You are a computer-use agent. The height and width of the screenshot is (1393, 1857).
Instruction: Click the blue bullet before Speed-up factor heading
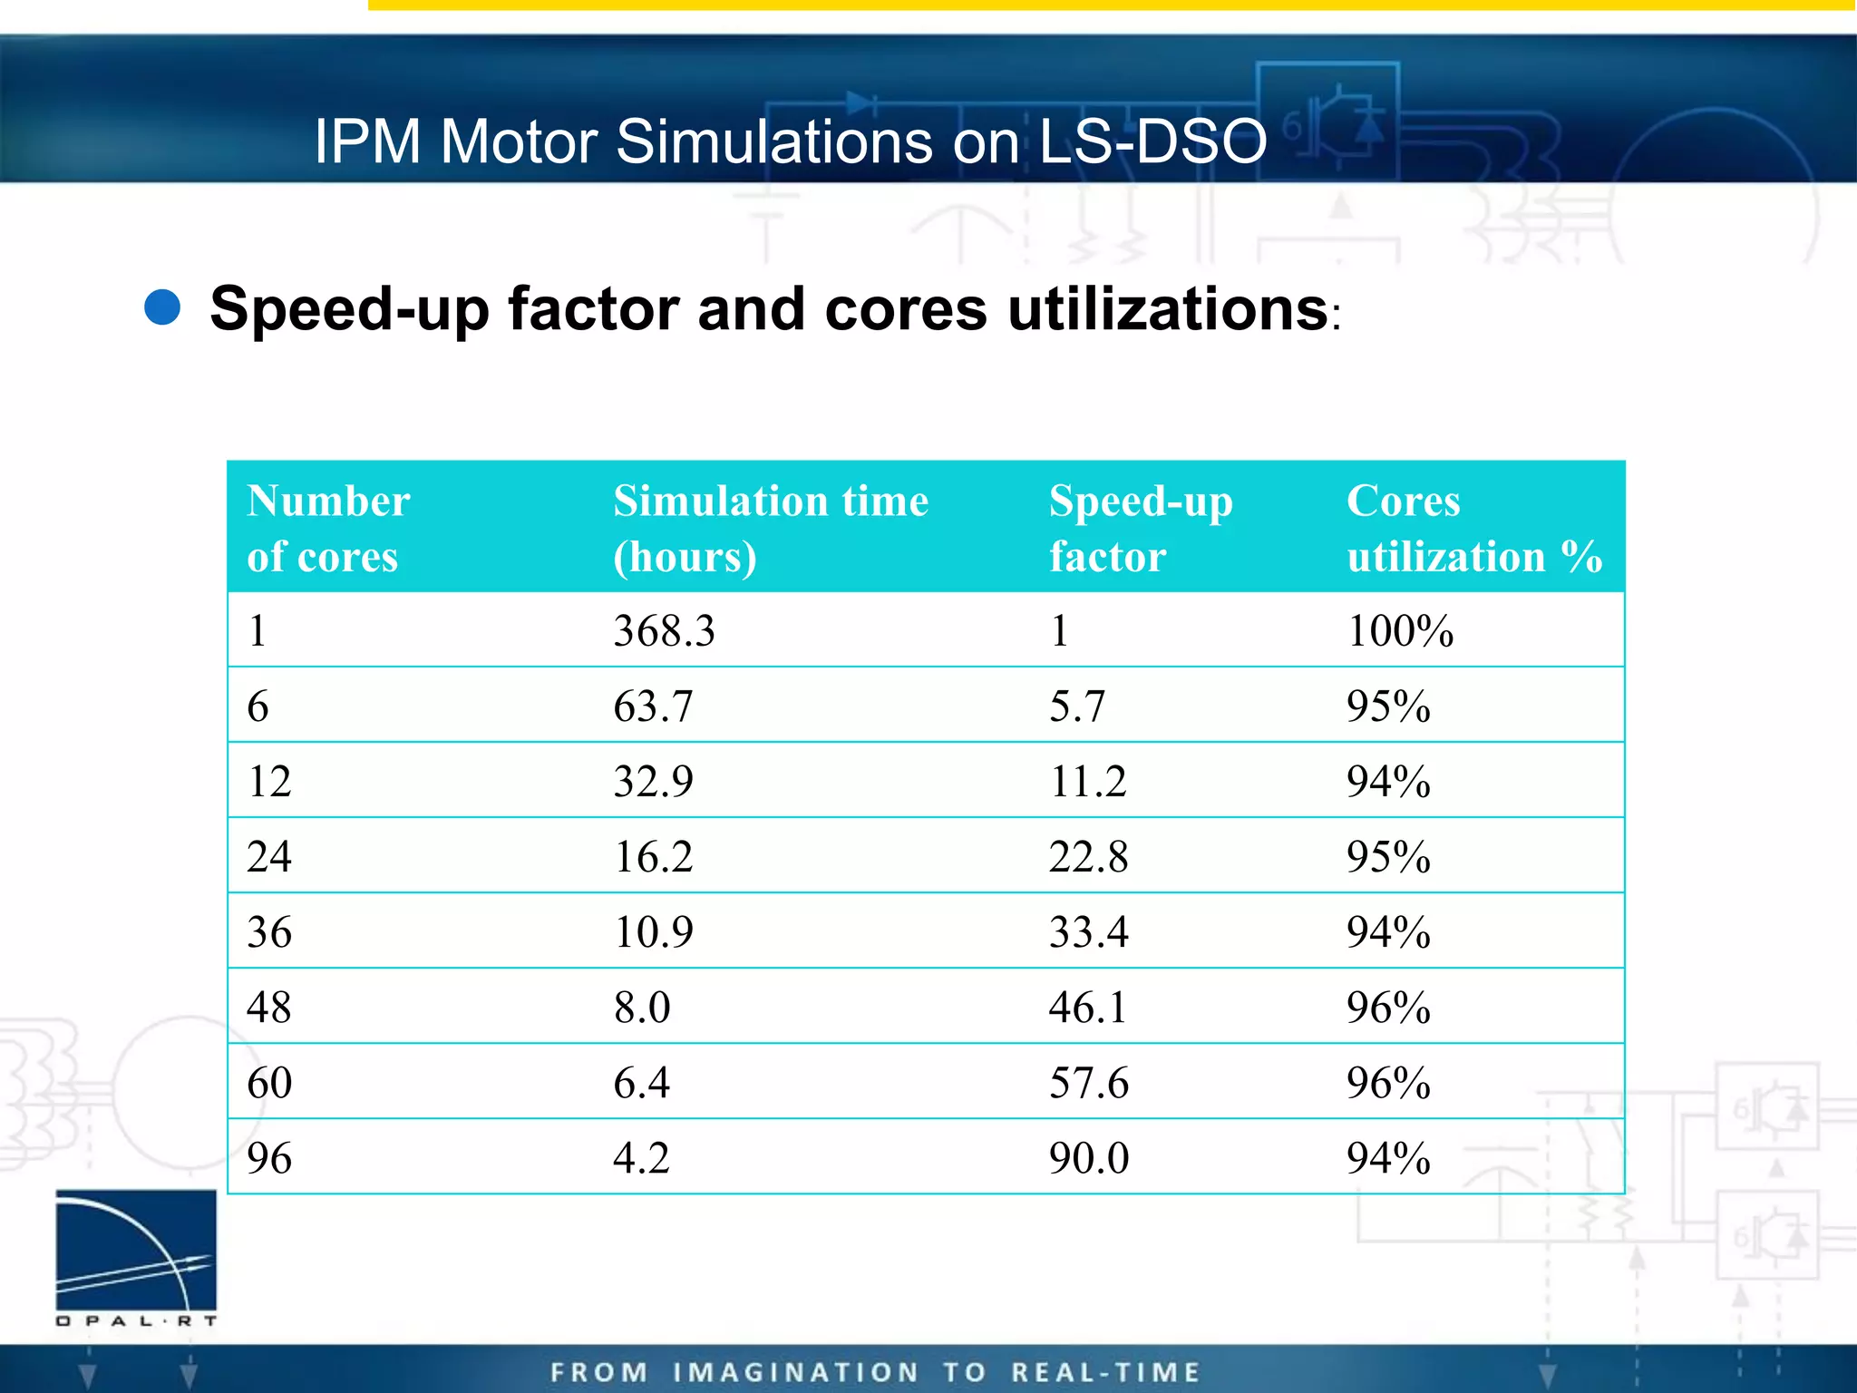click(163, 307)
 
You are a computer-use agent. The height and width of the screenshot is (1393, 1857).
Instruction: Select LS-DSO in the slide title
click(1152, 142)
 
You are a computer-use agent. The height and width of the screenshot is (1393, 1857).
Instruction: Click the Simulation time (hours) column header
click(770, 528)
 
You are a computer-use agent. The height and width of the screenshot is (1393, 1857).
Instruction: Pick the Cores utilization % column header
click(1473, 528)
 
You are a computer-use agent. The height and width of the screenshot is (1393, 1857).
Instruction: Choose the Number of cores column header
click(328, 528)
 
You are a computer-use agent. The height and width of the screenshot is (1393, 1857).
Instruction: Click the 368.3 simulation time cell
click(664, 631)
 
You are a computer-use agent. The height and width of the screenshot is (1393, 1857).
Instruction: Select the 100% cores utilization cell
click(1400, 631)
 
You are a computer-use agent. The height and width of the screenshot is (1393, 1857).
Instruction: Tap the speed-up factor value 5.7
click(1077, 706)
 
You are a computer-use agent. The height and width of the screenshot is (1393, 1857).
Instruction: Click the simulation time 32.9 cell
click(653, 782)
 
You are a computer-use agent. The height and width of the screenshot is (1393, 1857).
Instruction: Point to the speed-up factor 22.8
click(1088, 857)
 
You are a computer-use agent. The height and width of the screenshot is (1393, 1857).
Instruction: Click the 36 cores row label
click(269, 932)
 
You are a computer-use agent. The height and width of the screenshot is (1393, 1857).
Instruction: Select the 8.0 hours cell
click(642, 1008)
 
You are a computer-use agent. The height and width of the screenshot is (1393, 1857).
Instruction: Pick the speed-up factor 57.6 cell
click(1088, 1083)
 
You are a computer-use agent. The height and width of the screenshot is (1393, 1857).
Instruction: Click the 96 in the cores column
click(269, 1158)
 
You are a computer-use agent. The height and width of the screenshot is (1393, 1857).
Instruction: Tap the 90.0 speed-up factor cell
click(1088, 1158)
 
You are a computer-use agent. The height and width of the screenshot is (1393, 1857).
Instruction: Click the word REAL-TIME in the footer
click(1106, 1372)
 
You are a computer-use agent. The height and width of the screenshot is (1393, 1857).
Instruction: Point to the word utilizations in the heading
click(1168, 309)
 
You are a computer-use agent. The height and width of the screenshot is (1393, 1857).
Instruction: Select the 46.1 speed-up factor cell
click(1088, 1008)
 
